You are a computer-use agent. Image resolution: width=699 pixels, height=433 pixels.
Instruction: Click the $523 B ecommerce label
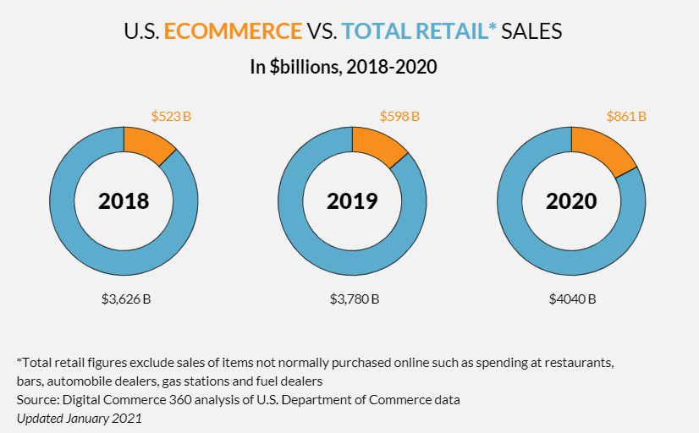(171, 116)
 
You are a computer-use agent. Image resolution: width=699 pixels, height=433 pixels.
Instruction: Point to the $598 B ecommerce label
(399, 116)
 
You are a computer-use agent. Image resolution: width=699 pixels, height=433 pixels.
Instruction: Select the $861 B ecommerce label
(626, 116)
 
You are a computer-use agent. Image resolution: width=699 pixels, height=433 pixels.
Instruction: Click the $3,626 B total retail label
(124, 299)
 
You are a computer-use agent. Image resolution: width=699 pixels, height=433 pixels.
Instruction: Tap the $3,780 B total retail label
(354, 299)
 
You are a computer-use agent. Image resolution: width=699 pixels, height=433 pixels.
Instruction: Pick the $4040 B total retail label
(571, 299)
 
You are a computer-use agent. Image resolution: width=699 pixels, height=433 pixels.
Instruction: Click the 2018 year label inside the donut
(124, 201)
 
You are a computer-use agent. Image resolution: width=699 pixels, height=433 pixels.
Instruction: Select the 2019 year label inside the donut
(352, 201)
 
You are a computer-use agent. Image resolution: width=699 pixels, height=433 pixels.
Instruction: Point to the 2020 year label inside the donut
(571, 201)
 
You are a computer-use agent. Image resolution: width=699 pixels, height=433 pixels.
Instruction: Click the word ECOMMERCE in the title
(233, 32)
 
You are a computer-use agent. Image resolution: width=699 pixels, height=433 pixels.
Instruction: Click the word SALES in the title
(532, 32)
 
